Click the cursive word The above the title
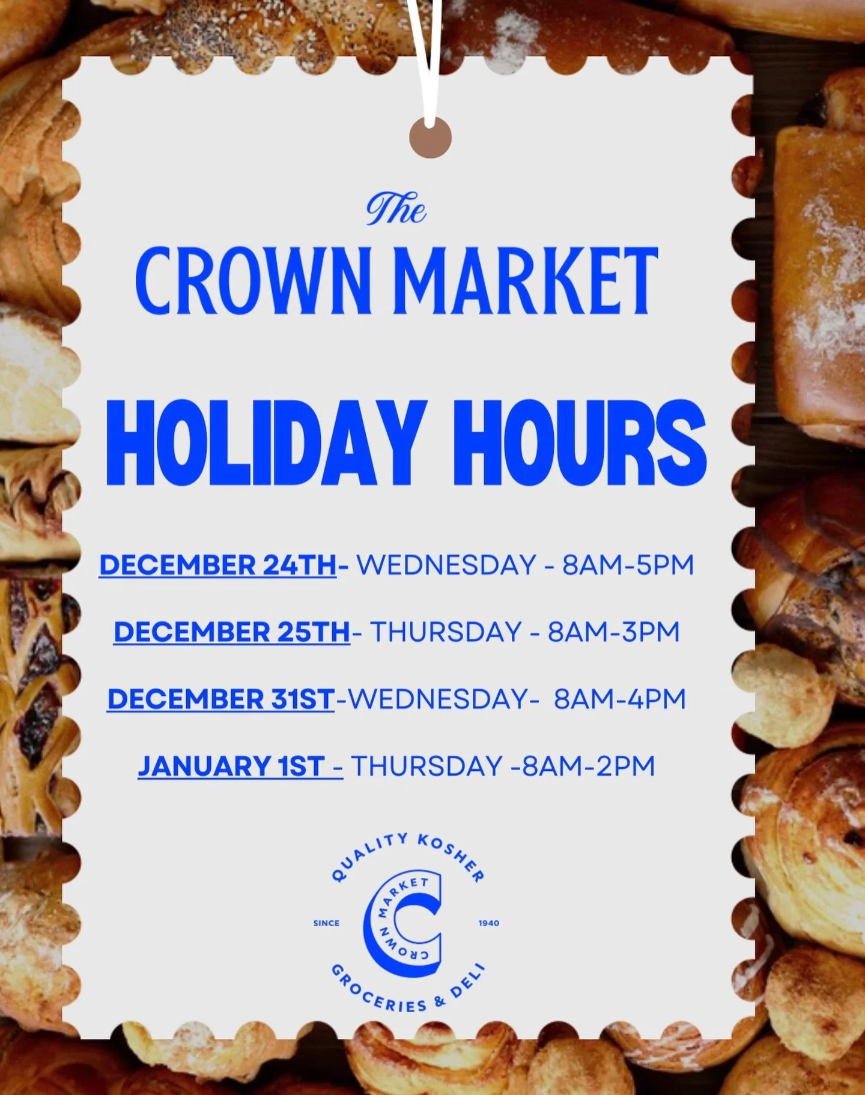pos(396,208)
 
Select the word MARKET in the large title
pos(529,280)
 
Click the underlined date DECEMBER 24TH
pos(217,566)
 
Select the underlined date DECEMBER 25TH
pos(231,632)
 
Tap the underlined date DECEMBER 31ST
pos(220,699)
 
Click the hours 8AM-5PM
pos(628,566)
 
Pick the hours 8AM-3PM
pos(613,632)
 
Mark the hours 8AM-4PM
pos(619,699)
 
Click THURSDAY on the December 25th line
pos(445,632)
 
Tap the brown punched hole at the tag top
pos(430,137)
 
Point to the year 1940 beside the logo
pos(489,923)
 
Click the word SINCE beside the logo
pos(326,923)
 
